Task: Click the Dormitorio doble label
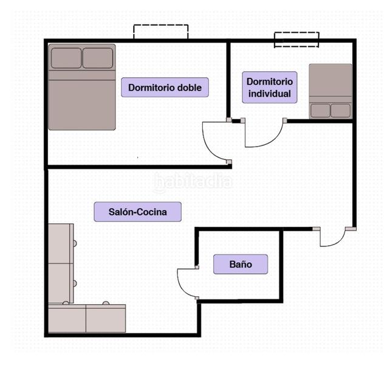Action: tap(165, 87)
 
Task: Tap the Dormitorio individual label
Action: tap(269, 87)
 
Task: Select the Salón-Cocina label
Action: tap(138, 212)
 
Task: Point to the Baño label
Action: tap(240, 265)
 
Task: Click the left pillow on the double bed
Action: tap(66, 58)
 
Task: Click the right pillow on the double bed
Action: tap(98, 58)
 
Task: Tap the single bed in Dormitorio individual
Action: tap(330, 85)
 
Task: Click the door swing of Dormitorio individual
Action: tap(263, 135)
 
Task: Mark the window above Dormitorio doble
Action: tap(160, 32)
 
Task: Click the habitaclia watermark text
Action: tap(193, 182)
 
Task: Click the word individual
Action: tap(269, 94)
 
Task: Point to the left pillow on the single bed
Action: tap(321, 111)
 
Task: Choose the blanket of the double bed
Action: tap(82, 100)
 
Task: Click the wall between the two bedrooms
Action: tap(228, 79)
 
